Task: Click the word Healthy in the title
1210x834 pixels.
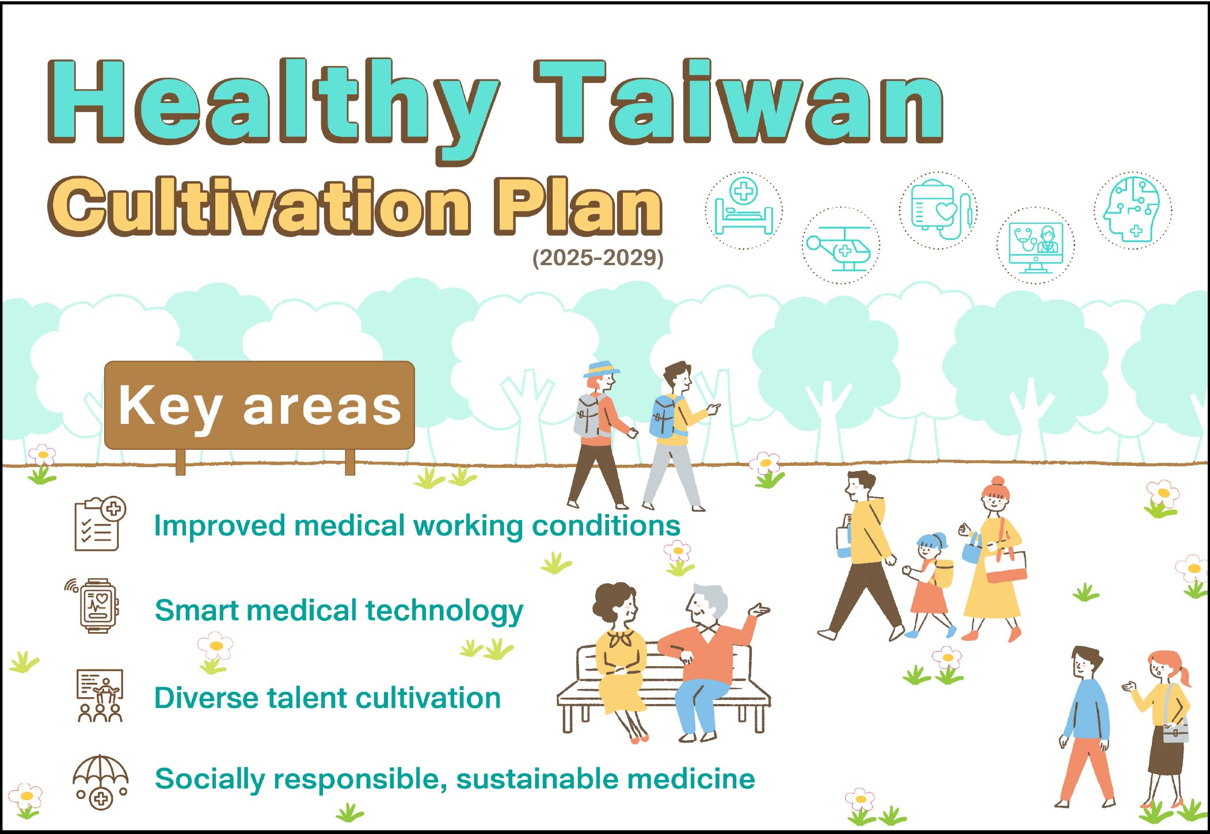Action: click(273, 109)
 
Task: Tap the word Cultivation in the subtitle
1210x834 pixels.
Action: click(260, 206)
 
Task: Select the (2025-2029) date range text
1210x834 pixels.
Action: click(598, 258)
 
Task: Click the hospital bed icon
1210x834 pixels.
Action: click(744, 210)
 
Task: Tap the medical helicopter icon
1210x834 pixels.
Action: click(841, 246)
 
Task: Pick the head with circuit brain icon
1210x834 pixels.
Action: click(1132, 210)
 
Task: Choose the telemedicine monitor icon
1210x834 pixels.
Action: click(1036, 246)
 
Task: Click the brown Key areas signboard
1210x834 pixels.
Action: click(260, 405)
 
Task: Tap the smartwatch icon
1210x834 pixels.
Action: click(94, 606)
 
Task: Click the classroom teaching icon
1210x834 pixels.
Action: click(100, 695)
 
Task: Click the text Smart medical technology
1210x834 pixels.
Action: click(339, 611)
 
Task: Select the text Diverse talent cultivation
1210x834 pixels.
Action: click(328, 698)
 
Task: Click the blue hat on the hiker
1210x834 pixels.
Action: click(601, 369)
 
